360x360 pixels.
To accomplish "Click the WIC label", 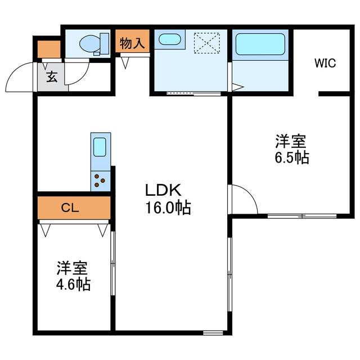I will [x=325, y=63].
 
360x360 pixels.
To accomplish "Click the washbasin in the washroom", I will [x=168, y=39].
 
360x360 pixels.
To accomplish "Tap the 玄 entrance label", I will [x=52, y=77].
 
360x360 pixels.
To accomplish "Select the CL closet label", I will [x=70, y=208].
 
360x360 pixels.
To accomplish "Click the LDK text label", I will [x=163, y=189].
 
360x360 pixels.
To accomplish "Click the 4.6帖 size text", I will [x=73, y=284].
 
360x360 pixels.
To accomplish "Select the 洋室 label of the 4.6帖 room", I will [x=73, y=267].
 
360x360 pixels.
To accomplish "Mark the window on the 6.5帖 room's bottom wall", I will [x=301, y=215].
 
